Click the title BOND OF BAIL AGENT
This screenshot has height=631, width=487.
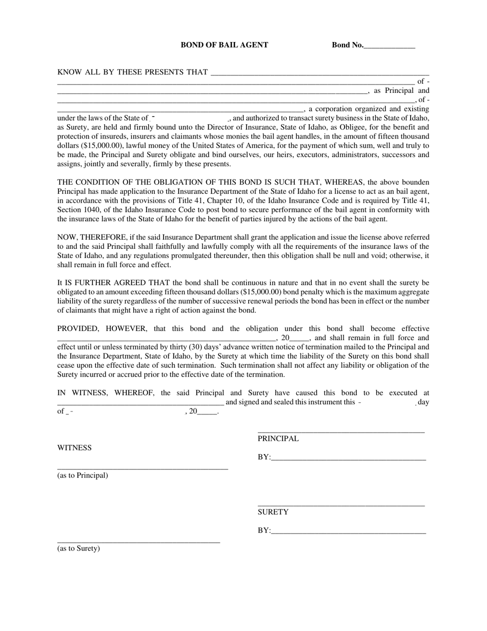(224, 45)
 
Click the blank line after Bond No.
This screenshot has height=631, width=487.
(389, 46)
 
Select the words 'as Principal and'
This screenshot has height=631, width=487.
(401, 91)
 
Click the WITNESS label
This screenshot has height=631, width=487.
(74, 448)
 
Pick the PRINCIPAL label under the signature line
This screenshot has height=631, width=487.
(278, 439)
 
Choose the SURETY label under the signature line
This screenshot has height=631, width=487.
(273, 512)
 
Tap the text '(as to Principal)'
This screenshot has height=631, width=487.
(83, 476)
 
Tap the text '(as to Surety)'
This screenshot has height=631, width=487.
(78, 549)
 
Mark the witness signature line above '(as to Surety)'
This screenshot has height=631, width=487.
(138, 542)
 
